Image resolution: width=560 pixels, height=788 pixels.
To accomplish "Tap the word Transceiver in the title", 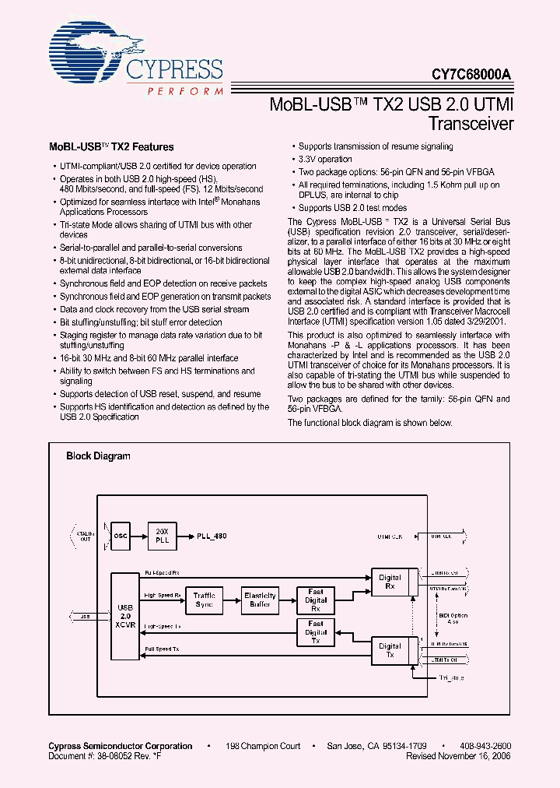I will (x=471, y=123).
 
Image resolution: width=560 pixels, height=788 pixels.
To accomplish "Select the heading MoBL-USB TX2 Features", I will (x=112, y=146).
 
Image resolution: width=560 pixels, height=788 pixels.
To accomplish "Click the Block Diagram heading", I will (x=98, y=456).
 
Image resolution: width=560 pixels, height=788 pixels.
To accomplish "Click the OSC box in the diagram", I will (x=121, y=536).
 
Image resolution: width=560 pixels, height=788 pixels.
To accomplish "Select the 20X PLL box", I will (x=163, y=536).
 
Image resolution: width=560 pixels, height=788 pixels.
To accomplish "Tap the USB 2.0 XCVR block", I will (x=124, y=617).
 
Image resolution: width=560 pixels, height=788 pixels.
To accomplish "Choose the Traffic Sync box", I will (x=205, y=600).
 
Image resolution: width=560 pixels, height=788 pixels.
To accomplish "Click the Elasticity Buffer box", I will (x=260, y=600).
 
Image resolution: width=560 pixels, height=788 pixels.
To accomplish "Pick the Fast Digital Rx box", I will (x=316, y=600).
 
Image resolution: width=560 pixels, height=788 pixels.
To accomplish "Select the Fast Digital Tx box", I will (x=316, y=631).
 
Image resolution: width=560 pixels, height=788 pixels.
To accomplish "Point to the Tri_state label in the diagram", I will (x=450, y=678).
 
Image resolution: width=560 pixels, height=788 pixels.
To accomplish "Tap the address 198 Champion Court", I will (x=263, y=746).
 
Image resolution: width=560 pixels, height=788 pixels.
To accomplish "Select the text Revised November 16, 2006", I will (x=458, y=756).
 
